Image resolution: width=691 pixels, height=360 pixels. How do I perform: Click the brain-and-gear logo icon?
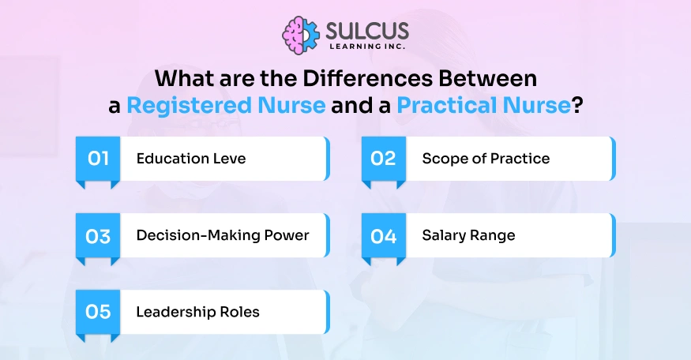click(301, 36)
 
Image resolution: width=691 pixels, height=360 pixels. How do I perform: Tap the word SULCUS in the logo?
click(367, 31)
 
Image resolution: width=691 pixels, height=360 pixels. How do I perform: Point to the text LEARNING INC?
click(367, 47)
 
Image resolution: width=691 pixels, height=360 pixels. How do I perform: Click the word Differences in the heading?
click(367, 78)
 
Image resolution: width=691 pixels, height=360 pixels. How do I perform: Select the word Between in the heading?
click(487, 78)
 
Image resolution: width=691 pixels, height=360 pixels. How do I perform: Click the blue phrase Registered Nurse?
click(226, 106)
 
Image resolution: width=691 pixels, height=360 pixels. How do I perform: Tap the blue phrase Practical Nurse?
click(484, 105)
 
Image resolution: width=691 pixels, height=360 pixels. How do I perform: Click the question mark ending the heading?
click(577, 106)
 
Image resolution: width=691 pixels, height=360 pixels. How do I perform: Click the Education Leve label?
click(191, 158)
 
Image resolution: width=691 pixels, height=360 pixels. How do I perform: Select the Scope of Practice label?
click(486, 159)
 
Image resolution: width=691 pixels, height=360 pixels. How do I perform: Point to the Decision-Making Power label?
click(223, 235)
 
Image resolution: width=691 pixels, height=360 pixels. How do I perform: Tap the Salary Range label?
click(468, 235)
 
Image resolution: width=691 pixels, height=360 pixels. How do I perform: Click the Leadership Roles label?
click(198, 312)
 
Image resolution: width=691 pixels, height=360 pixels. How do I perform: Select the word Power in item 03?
click(287, 235)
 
